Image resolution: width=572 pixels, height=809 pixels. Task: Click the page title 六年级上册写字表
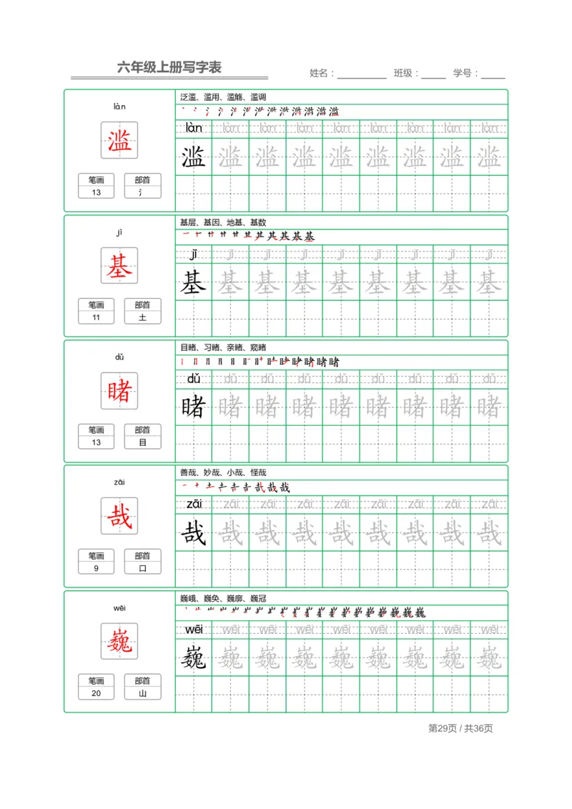[x=169, y=68]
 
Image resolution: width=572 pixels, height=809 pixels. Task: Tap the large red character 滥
[x=119, y=140]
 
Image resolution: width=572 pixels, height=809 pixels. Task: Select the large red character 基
[x=119, y=266]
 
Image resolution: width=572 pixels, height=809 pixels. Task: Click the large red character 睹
[x=119, y=391]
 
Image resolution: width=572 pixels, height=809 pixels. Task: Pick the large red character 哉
[x=119, y=516]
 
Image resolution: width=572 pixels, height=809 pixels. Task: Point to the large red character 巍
[x=119, y=641]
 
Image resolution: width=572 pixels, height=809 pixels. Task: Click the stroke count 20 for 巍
[x=97, y=693]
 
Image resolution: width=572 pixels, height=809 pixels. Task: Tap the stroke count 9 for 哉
[x=97, y=568]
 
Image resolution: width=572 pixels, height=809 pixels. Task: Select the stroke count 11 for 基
[x=97, y=317]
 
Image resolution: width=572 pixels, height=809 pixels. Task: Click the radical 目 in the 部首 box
[x=142, y=443]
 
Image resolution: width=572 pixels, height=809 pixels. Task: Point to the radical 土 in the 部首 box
[x=142, y=317]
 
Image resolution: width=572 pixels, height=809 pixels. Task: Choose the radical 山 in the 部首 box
[x=142, y=693]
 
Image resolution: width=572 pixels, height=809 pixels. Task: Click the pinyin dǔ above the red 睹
[x=119, y=357]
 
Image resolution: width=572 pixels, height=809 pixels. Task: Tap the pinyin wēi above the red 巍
[x=119, y=608]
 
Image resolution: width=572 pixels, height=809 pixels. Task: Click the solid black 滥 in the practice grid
[x=194, y=157]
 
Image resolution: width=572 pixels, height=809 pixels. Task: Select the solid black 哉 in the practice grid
[x=194, y=533]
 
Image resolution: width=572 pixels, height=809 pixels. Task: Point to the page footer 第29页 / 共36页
[x=460, y=728]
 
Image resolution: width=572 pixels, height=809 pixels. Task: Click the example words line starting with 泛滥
[x=223, y=97]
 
